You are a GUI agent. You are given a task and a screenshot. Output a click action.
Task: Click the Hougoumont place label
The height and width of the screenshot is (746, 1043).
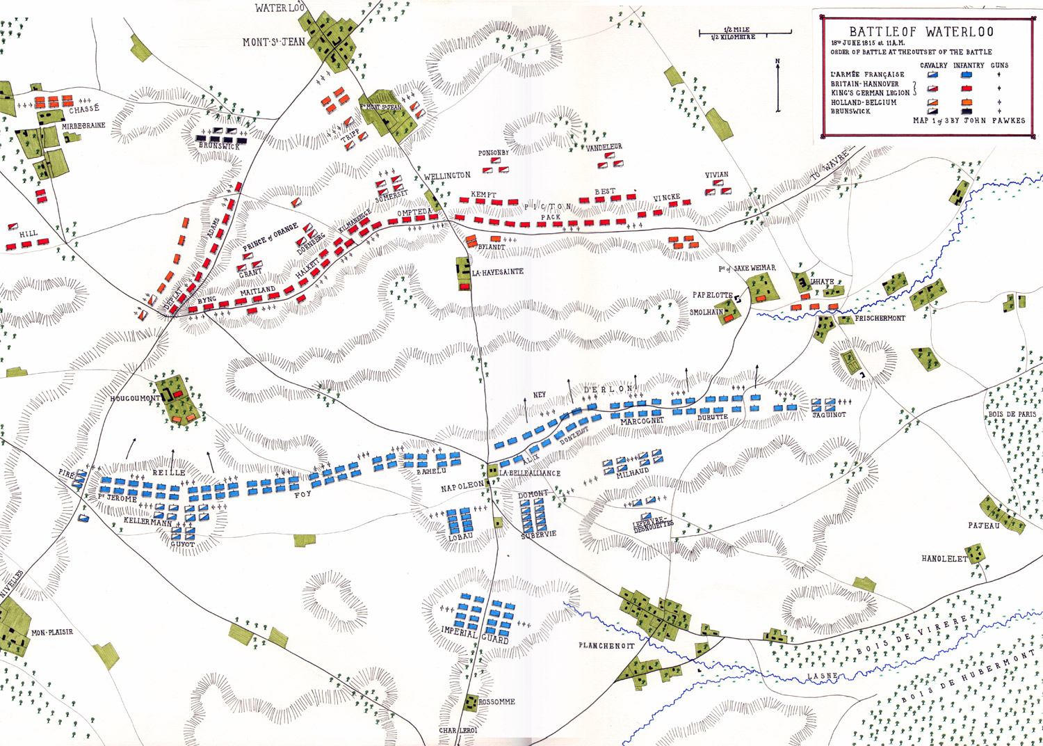pyautogui.click(x=135, y=399)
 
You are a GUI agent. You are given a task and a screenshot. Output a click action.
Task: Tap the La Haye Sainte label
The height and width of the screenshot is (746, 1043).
pyautogui.click(x=497, y=272)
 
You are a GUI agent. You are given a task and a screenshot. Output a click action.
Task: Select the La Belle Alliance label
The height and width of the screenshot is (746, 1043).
pyautogui.click(x=529, y=473)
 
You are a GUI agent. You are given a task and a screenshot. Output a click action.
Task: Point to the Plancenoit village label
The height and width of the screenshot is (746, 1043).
pyautogui.click(x=606, y=646)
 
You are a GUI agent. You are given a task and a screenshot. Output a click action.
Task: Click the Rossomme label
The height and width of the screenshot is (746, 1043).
pyautogui.click(x=496, y=702)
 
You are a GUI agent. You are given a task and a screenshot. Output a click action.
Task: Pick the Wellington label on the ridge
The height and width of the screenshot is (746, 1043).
pyautogui.click(x=447, y=176)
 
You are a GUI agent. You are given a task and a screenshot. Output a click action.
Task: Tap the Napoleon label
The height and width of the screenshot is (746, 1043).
pyautogui.click(x=462, y=487)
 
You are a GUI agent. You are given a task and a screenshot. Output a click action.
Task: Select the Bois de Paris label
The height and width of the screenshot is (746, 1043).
pyautogui.click(x=1012, y=415)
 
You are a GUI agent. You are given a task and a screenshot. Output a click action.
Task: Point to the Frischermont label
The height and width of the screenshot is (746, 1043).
pyautogui.click(x=880, y=318)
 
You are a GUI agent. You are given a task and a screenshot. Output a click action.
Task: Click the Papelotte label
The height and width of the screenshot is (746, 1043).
pyautogui.click(x=712, y=295)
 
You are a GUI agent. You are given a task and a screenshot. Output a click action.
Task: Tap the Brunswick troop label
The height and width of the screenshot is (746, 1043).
pyautogui.click(x=218, y=146)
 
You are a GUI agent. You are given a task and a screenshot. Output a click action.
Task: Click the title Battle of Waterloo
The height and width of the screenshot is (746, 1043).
pyautogui.click(x=921, y=32)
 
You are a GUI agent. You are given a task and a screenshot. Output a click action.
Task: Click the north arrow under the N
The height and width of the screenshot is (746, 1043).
pyautogui.click(x=777, y=87)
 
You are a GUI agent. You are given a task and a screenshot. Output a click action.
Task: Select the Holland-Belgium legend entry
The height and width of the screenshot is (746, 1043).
pyautogui.click(x=864, y=102)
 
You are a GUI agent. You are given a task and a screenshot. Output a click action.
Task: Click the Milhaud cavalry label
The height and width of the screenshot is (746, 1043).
pyautogui.click(x=632, y=472)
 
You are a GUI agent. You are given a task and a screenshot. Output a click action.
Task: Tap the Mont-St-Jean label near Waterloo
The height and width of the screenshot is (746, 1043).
pyautogui.click(x=273, y=42)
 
